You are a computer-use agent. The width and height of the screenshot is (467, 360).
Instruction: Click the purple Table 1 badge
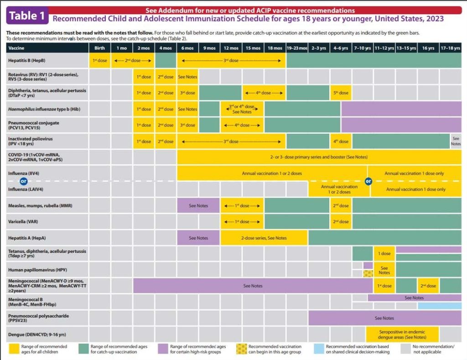(27, 15)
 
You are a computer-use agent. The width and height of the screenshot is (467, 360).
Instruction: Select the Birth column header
(100, 48)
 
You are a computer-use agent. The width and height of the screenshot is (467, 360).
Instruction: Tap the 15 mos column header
(253, 48)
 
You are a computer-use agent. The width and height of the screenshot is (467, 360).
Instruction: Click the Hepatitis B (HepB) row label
(26, 60)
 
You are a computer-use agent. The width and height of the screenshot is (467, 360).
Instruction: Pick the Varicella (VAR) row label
(23, 222)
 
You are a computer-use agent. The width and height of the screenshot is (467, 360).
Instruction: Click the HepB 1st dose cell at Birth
(100, 60)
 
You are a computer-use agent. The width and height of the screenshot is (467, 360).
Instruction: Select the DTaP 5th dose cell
(341, 93)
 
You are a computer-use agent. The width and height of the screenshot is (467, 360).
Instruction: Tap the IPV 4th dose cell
(341, 141)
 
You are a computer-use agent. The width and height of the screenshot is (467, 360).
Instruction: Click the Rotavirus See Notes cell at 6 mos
(187, 77)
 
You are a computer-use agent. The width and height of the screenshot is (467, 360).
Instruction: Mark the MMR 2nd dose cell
(341, 206)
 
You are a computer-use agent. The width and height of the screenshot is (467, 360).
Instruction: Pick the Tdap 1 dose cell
(384, 253)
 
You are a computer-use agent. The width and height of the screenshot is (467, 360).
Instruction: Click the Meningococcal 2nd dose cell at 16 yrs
(428, 286)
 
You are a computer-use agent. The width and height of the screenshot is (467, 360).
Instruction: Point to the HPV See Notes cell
(384, 270)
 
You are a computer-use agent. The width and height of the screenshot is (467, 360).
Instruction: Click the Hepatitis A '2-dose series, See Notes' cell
(264, 238)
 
